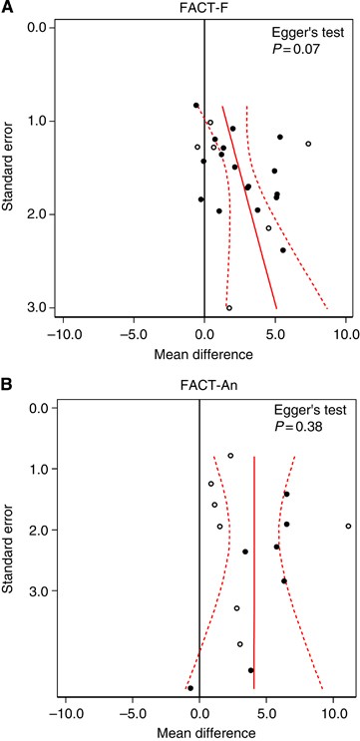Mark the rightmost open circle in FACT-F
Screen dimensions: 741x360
pyautogui.click(x=308, y=144)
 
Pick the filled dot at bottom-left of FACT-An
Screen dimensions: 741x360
pyautogui.click(x=190, y=687)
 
